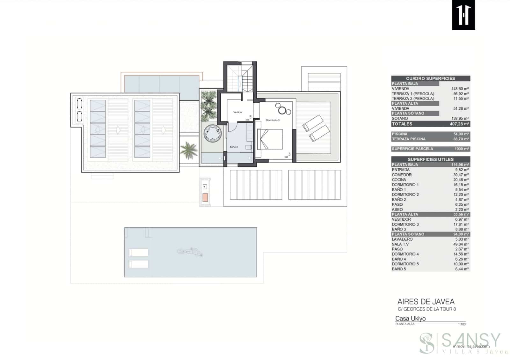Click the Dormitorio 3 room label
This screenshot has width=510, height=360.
tap(273, 120)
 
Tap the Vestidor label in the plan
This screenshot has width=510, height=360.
tap(238, 112)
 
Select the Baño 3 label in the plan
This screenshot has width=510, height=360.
tap(234, 147)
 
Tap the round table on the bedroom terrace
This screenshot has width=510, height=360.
tap(282, 110)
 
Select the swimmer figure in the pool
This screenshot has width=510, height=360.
tap(190, 252)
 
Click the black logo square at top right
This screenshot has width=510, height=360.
tap(463, 15)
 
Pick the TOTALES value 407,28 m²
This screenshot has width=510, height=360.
tap(459, 124)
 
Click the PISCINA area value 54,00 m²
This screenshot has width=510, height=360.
tap(462, 134)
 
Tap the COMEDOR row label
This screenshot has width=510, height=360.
tap(402, 175)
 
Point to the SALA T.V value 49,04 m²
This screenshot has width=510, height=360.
tap(462, 244)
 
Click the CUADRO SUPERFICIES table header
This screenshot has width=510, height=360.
tap(430, 78)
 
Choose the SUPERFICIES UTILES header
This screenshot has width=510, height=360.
tap(430, 159)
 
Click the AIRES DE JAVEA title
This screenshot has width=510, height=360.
tap(426, 302)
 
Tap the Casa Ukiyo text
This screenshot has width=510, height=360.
tap(410, 319)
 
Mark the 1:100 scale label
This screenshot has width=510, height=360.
tap(462, 324)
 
